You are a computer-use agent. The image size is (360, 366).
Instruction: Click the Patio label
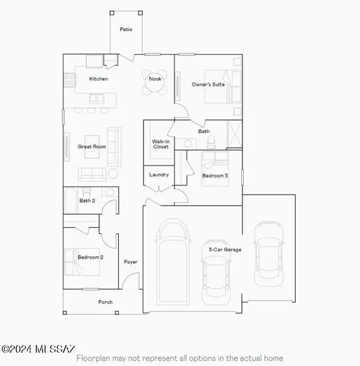coord(125,28)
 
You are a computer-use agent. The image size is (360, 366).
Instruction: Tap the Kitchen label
coord(98,79)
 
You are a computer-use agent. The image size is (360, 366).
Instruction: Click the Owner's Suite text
coord(208,85)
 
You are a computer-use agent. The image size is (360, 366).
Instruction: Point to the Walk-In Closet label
coord(161,144)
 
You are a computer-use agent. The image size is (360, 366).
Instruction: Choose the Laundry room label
coord(159,175)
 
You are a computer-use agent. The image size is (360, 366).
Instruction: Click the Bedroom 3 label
coord(215,175)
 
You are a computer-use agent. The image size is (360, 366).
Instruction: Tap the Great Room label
coord(92,146)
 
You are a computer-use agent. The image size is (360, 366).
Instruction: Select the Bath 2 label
coord(88,200)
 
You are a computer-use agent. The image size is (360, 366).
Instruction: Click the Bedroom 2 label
coord(91,257)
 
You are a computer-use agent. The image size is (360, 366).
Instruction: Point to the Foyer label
coord(130,262)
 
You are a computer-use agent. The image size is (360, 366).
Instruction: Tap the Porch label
coord(105,302)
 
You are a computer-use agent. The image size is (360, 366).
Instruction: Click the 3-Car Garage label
coord(225,249)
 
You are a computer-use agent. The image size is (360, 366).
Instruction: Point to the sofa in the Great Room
coord(92,173)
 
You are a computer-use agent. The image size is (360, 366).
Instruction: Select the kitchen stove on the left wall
coord(69,78)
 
